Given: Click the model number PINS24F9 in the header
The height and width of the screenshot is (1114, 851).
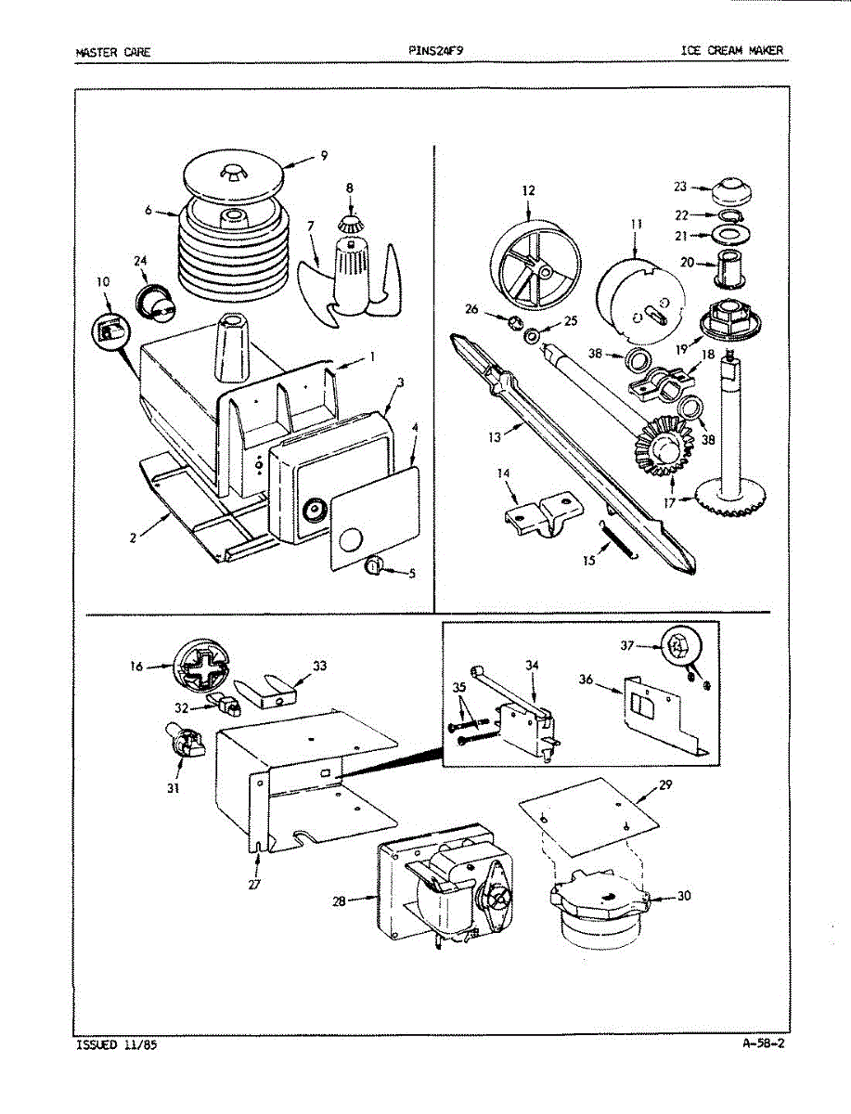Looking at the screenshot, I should (434, 50).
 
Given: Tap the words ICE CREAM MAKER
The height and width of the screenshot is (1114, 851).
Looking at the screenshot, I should (731, 50).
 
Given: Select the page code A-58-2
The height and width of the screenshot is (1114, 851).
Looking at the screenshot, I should (764, 1043).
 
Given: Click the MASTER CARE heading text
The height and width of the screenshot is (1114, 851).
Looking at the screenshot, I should (112, 51).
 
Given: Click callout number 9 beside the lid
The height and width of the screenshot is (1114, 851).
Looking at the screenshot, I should (323, 156).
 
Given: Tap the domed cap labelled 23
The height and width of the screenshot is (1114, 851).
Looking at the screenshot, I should (730, 191).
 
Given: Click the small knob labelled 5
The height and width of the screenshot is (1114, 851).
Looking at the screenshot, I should (377, 567).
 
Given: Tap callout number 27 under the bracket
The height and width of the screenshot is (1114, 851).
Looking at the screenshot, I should (254, 884).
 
